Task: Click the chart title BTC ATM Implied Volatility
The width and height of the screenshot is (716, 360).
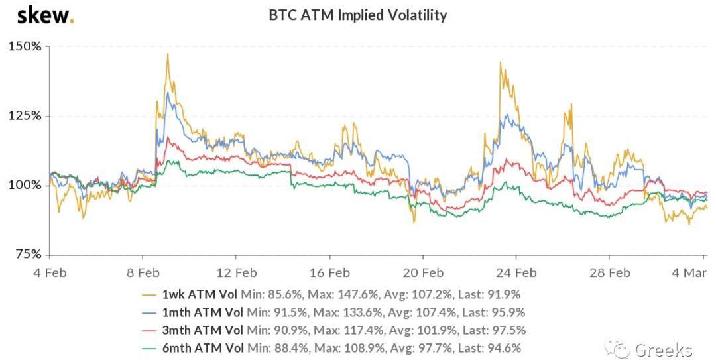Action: pos(357,15)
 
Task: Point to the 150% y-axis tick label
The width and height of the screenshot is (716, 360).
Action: pos(26,47)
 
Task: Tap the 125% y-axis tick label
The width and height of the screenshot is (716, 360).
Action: pos(26,116)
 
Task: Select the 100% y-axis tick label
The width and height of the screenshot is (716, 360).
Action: pos(26,185)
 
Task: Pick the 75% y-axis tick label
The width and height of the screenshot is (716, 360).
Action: pos(29,254)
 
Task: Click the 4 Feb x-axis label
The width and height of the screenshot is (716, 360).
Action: pos(50,272)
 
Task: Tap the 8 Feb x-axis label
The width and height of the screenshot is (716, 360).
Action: pos(143,272)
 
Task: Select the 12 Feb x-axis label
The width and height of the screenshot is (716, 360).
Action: pos(237,272)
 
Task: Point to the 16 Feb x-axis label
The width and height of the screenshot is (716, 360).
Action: pos(329,272)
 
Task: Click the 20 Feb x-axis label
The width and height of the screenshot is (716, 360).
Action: pos(423,272)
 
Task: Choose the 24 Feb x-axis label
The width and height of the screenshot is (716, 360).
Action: pos(516,272)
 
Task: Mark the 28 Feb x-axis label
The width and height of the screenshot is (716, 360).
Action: pos(610,272)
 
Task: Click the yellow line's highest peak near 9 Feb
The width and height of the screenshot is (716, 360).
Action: pos(168,54)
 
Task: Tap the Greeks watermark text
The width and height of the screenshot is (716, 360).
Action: pos(664,349)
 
